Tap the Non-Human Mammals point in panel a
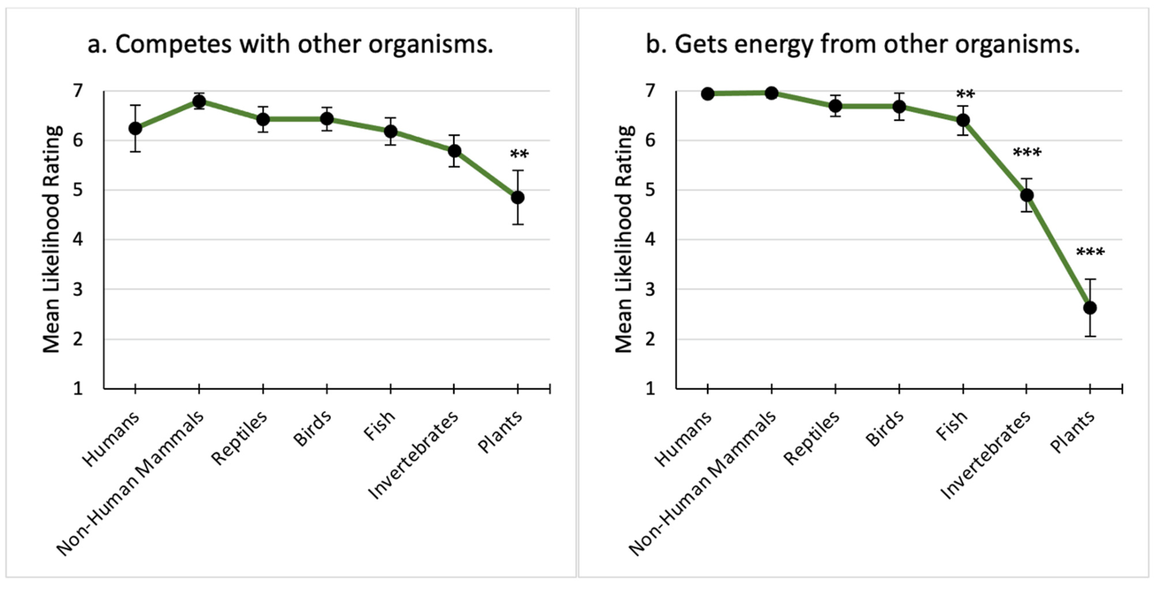click(x=199, y=101)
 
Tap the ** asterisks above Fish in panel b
click(x=965, y=95)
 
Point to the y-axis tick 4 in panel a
click(x=78, y=239)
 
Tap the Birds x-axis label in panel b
click(x=885, y=429)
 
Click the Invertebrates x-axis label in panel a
click(x=413, y=455)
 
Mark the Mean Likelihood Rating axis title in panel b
click(x=625, y=239)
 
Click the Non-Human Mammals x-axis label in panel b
click(x=703, y=484)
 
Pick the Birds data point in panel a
click(x=326, y=119)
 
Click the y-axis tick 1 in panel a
click(x=78, y=388)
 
